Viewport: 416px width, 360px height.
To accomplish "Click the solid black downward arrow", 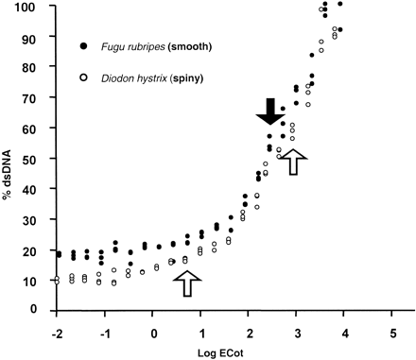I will click(271, 111).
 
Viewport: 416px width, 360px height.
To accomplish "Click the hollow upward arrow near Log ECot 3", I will click(296, 162).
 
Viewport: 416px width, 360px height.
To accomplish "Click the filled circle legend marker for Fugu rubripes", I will click(85, 46).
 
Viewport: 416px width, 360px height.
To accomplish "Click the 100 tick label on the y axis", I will click(34, 8).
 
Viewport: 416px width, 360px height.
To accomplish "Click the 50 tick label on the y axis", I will click(37, 159).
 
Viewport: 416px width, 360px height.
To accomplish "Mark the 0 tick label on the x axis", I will click(154, 333).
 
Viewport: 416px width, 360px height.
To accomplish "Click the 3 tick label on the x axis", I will click(297, 333).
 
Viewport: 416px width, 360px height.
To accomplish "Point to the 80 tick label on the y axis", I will click(37, 68).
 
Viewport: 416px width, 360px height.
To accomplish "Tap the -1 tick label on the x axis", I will click(105, 333).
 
